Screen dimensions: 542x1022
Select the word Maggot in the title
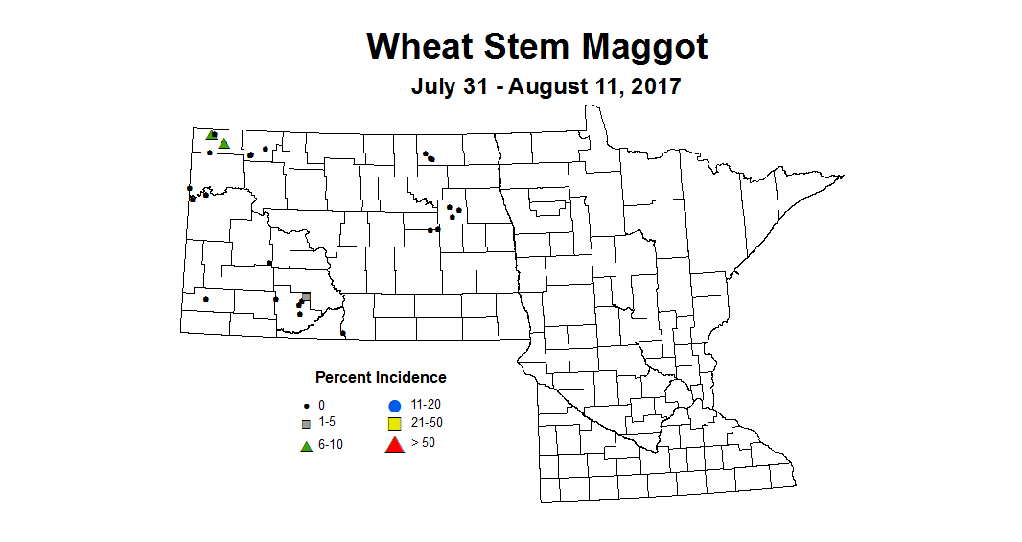653,46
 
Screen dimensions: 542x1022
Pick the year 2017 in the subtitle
656,86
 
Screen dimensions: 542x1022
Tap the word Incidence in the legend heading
412,377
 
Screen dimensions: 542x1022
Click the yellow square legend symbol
393,424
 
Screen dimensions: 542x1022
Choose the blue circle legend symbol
393,405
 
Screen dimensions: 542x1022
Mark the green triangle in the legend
306,446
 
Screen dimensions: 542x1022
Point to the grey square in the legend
306,424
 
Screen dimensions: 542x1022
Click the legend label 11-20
426,405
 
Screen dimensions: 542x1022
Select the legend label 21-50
426,423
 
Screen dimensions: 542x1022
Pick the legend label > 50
423,442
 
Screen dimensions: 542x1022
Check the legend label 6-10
332,446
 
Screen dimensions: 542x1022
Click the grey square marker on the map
306,297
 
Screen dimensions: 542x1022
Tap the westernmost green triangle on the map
211,135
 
